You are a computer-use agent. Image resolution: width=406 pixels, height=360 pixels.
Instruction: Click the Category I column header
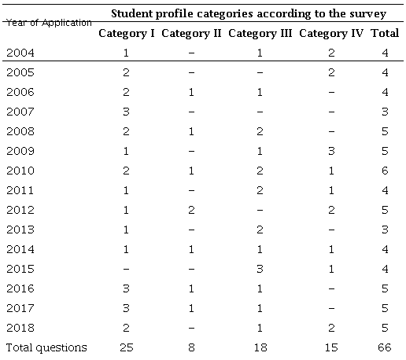127,34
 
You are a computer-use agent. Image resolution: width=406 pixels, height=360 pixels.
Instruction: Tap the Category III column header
260,34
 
